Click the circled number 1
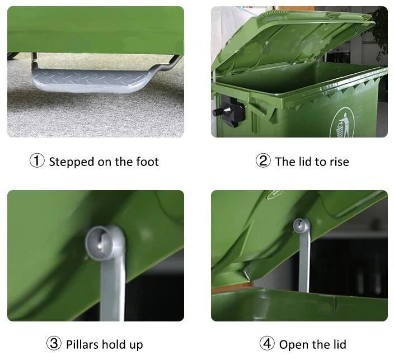[37, 162]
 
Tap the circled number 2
[263, 162]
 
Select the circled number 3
[54, 344]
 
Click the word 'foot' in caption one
[147, 162]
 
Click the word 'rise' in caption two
[338, 162]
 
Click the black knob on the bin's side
[228, 108]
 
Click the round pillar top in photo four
[302, 226]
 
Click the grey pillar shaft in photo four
[303, 263]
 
